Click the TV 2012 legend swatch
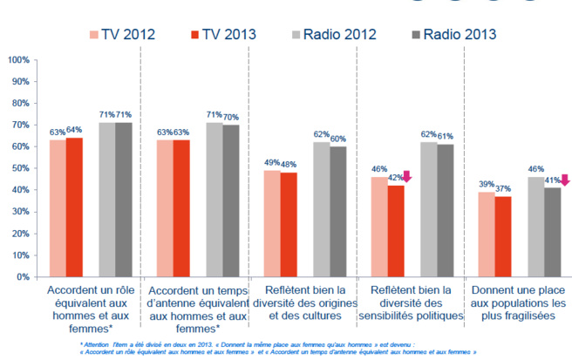pos(93,35)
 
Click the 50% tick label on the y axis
pos(17,168)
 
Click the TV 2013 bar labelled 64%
pos(74,207)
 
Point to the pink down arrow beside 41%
pos(562,180)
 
